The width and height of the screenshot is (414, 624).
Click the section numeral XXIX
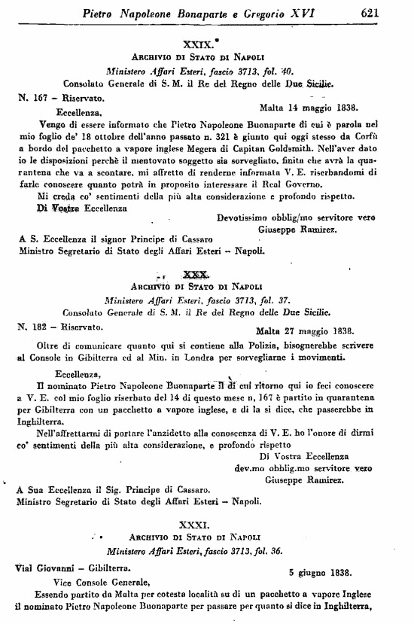point(196,44)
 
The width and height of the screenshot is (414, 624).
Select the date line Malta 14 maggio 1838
point(308,107)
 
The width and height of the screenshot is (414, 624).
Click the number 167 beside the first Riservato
point(41,98)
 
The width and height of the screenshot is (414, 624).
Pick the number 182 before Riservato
point(41,327)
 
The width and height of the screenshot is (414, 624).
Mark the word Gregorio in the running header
point(257,13)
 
